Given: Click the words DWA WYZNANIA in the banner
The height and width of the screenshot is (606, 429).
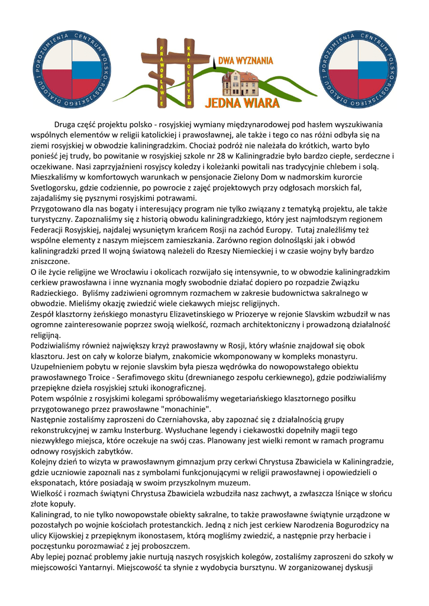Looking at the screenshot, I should [246, 60].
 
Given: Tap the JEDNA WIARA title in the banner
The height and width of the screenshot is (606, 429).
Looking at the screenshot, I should [242, 102].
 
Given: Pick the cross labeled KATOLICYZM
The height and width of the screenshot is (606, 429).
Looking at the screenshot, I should [189, 72].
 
